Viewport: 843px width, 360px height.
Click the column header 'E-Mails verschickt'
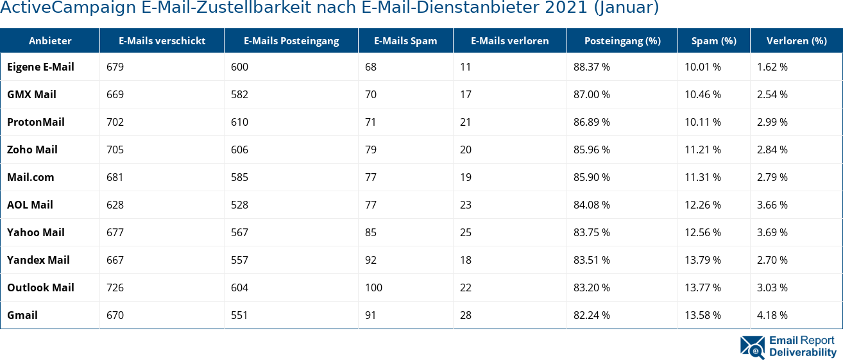click(x=162, y=41)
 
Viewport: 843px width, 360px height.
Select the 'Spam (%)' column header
click(x=713, y=41)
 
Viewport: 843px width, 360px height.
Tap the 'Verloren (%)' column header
click(x=796, y=41)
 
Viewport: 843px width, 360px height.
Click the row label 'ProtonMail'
click(x=36, y=122)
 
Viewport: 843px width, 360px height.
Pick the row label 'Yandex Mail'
click(x=38, y=260)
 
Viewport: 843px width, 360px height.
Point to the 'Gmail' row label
click(x=22, y=315)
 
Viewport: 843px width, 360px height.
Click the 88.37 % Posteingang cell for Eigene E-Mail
click(x=592, y=67)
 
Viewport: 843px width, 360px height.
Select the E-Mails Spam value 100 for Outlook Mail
click(x=373, y=287)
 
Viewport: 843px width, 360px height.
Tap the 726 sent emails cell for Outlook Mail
click(x=115, y=287)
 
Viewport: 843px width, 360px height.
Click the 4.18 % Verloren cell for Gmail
click(x=772, y=315)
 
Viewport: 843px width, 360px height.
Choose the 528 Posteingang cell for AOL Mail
click(x=239, y=205)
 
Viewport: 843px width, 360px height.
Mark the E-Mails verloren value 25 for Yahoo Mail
click(x=466, y=232)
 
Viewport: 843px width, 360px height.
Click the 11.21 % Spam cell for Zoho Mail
click(x=702, y=150)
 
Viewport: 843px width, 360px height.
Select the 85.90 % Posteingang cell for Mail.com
click(x=592, y=177)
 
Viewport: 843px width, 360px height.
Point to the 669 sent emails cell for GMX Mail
click(x=115, y=94)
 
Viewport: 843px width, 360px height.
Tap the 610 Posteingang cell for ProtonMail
click(x=239, y=122)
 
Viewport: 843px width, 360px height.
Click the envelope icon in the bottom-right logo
click(x=752, y=347)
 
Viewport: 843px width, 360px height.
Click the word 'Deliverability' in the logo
click(x=803, y=352)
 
